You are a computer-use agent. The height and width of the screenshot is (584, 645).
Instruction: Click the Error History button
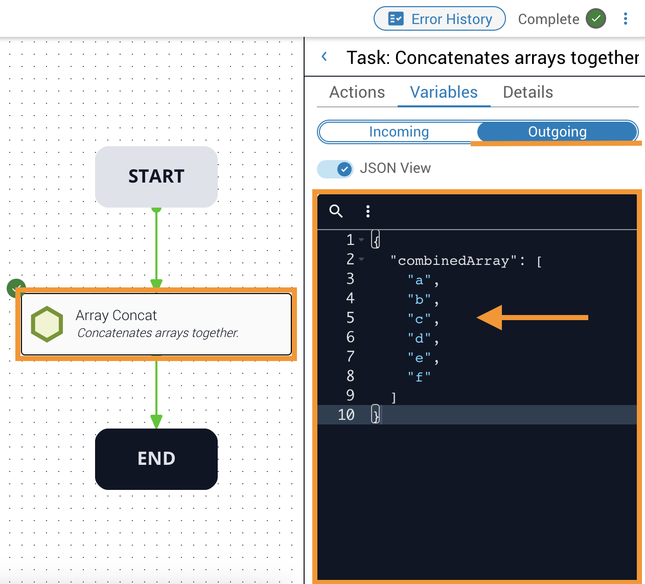click(440, 19)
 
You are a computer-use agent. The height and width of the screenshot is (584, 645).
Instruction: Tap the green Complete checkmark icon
click(595, 19)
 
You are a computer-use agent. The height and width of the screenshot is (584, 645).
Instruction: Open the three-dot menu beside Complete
click(626, 19)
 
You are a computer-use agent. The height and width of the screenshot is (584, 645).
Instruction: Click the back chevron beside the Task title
click(324, 57)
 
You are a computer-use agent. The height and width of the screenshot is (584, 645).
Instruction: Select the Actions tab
click(357, 92)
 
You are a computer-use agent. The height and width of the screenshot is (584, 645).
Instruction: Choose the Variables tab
click(444, 92)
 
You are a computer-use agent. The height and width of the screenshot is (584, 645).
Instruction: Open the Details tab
click(528, 92)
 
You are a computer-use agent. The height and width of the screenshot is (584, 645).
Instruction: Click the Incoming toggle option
click(399, 132)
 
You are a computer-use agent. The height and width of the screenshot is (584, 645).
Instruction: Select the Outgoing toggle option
click(557, 132)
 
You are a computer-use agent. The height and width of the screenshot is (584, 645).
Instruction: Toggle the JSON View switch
click(335, 169)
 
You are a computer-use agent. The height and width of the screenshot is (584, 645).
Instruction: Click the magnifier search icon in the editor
click(336, 211)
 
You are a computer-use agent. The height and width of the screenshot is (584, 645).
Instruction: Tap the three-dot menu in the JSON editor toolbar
click(368, 211)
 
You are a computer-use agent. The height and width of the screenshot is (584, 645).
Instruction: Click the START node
click(156, 176)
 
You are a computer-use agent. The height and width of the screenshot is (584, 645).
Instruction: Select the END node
click(156, 459)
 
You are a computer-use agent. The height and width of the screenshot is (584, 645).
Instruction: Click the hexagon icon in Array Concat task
click(47, 324)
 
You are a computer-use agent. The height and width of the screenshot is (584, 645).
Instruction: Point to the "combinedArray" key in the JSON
click(453, 261)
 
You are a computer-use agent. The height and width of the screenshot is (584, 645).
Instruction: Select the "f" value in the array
click(419, 377)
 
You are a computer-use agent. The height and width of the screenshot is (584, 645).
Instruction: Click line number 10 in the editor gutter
click(346, 415)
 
